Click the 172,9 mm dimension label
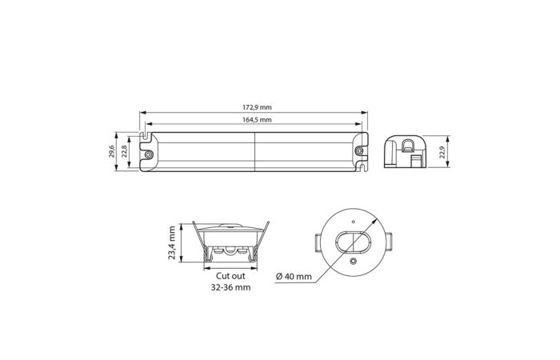pos(255,106)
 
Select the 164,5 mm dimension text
pos(255,120)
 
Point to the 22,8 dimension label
pos(125,151)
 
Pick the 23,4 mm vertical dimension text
pos(171,243)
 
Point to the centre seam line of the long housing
pos(254,152)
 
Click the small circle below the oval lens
pos(352,262)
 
